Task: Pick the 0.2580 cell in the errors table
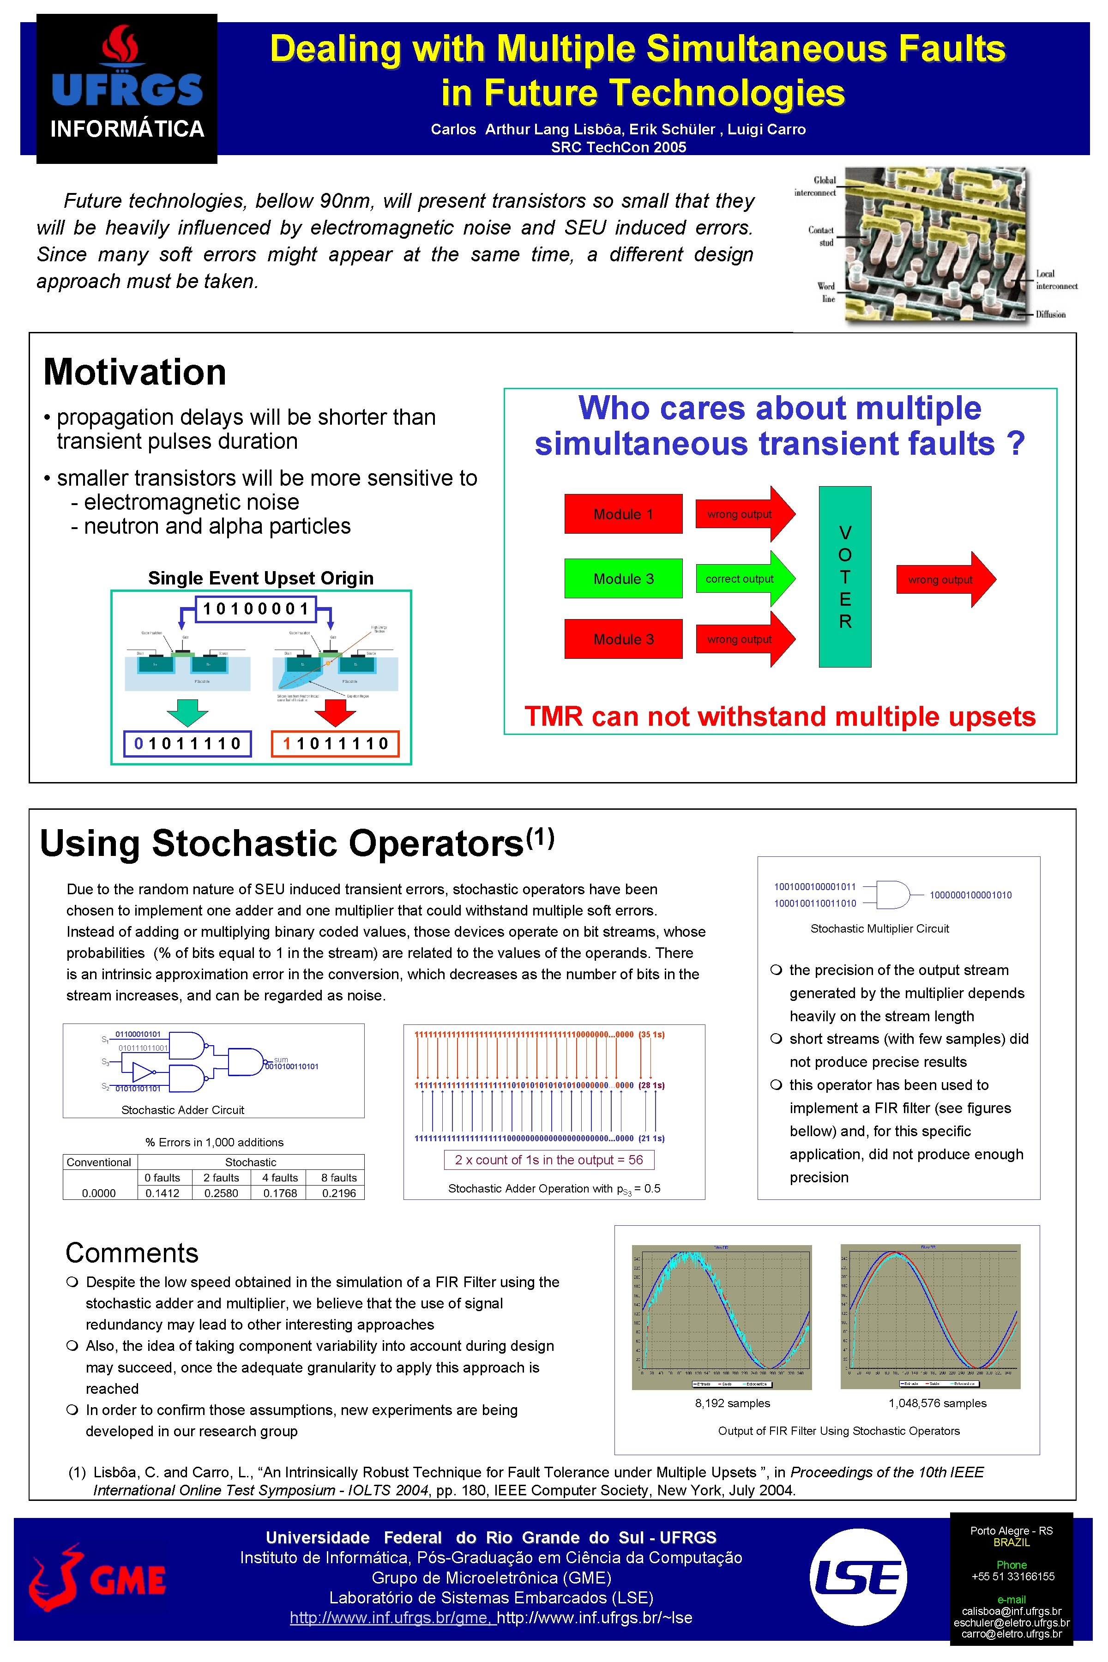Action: tap(221, 1193)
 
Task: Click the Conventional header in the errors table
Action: tap(99, 1162)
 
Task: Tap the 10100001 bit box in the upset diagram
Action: tap(256, 608)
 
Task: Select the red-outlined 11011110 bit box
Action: tap(335, 743)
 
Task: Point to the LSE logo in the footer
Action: tap(857, 1578)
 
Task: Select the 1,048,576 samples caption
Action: tap(937, 1403)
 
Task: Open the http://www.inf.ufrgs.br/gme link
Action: tap(391, 1618)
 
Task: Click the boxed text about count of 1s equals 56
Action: tap(548, 1160)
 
